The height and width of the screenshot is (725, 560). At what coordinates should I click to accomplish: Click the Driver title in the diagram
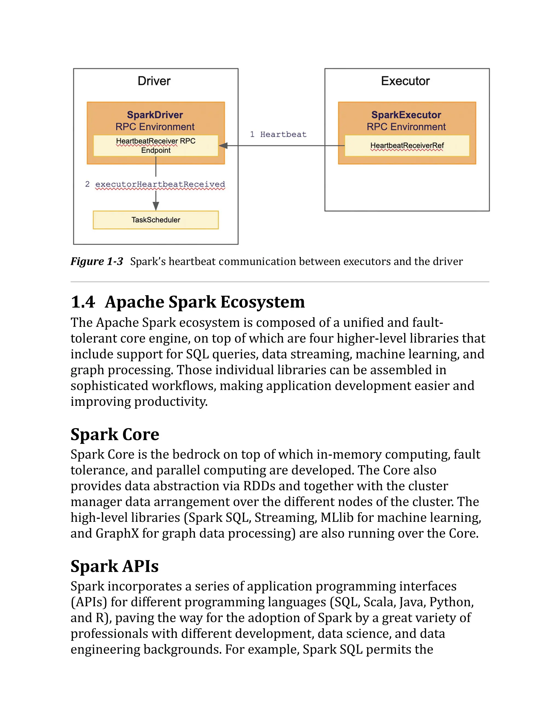[154, 81]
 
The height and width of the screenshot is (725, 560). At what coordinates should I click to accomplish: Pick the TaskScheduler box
[156, 220]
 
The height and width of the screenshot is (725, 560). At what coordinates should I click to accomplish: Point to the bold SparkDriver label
[155, 115]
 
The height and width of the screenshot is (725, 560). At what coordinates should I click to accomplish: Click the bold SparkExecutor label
[406, 115]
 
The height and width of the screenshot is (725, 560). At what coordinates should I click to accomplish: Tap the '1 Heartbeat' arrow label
[278, 134]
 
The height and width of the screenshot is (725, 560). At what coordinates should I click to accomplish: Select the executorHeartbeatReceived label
[160, 184]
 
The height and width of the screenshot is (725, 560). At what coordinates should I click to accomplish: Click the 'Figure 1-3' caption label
[97, 262]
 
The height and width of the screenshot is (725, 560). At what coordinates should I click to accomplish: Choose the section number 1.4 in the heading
[83, 302]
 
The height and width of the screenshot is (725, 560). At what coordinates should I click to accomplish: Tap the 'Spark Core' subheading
[115, 434]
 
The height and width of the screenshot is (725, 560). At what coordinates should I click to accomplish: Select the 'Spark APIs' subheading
[115, 566]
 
